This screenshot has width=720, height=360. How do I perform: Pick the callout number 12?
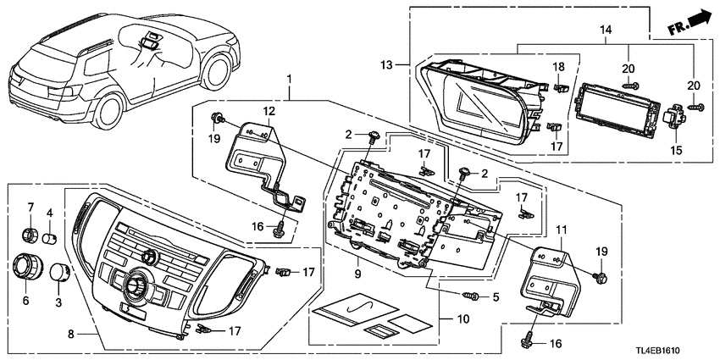268,112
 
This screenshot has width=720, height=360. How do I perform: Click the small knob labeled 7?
29,233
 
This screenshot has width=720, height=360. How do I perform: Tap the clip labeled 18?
560,86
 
